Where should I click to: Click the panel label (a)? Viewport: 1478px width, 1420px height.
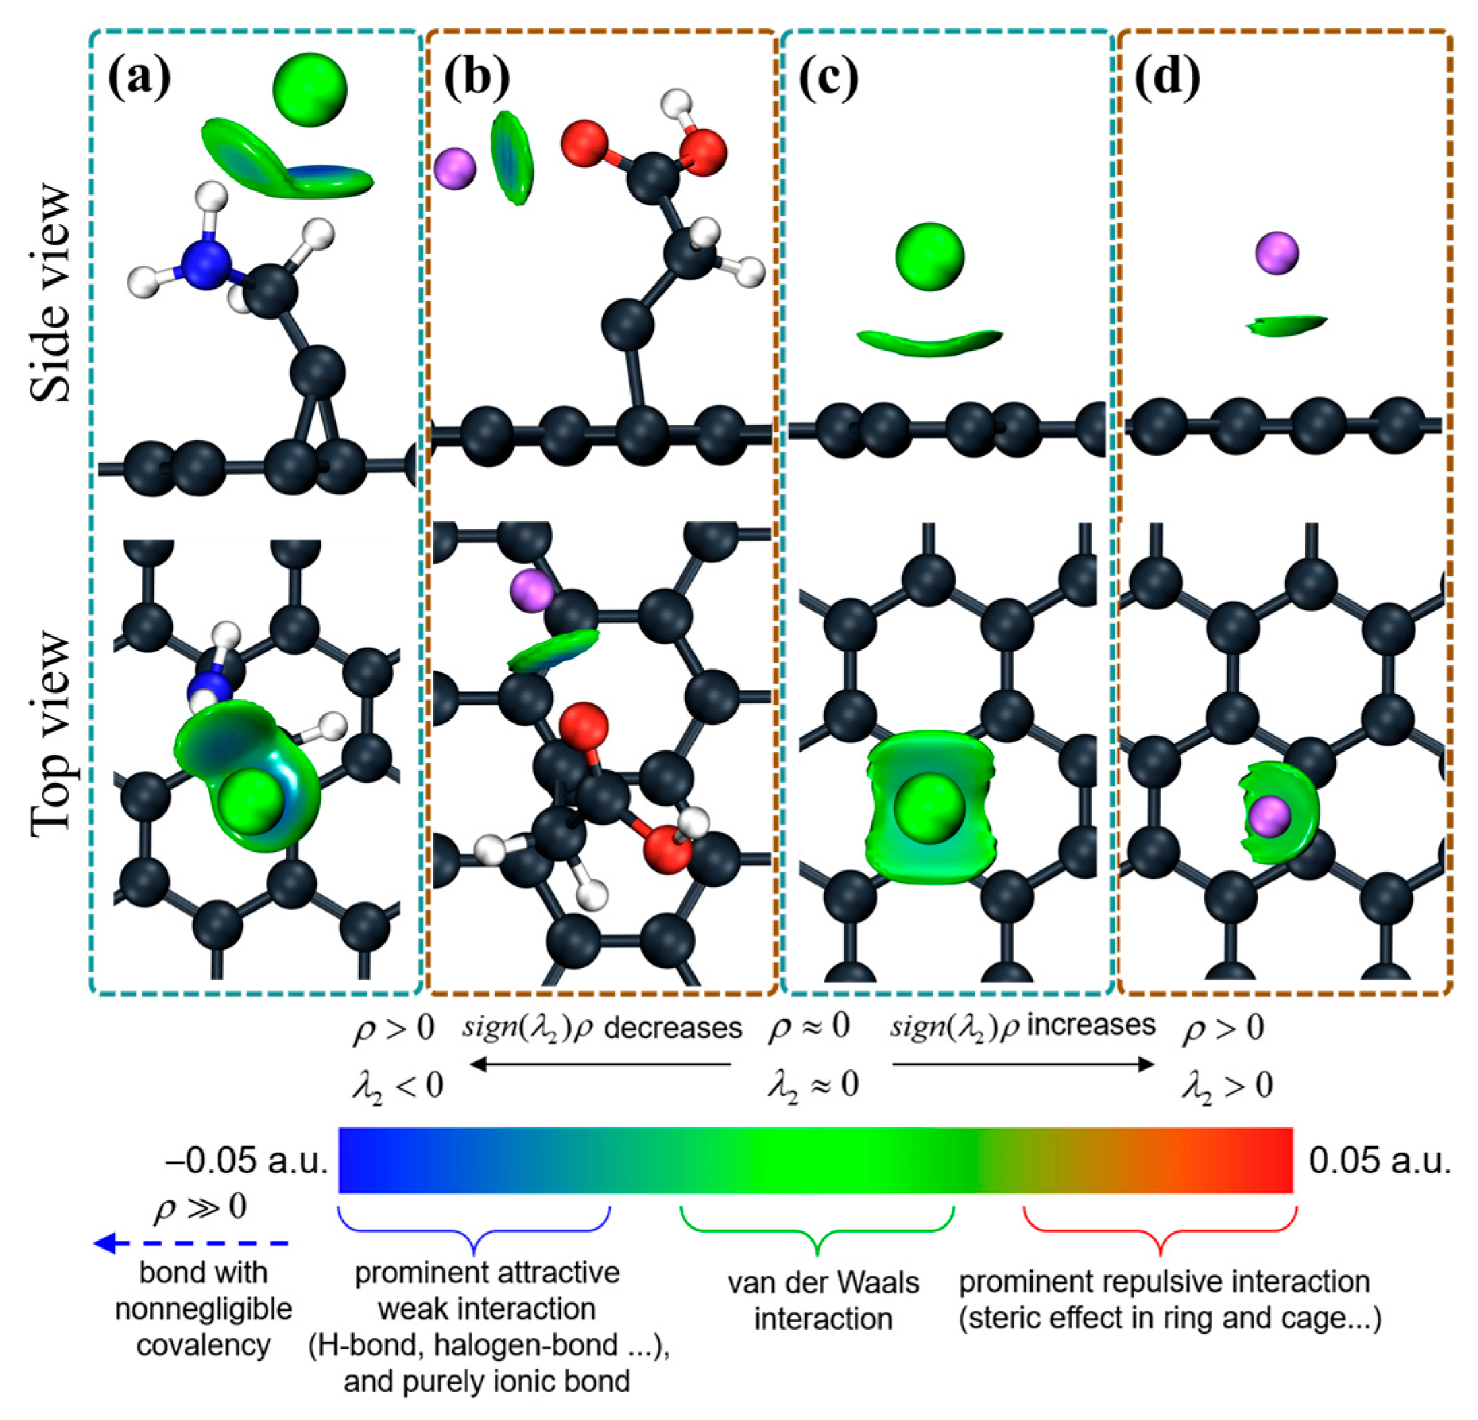140,78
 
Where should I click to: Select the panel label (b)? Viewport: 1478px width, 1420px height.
476,78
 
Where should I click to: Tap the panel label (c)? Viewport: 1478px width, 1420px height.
828,78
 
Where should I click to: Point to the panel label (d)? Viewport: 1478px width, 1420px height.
1167,78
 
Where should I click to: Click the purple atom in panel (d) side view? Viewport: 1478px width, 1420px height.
1276,253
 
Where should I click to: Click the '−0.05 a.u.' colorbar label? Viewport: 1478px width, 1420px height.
247,1161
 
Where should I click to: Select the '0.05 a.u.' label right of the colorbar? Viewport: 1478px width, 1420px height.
1379,1161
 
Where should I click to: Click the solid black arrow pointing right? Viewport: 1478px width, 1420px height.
1022,1065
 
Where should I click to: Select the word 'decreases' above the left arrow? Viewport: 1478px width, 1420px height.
673,1028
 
